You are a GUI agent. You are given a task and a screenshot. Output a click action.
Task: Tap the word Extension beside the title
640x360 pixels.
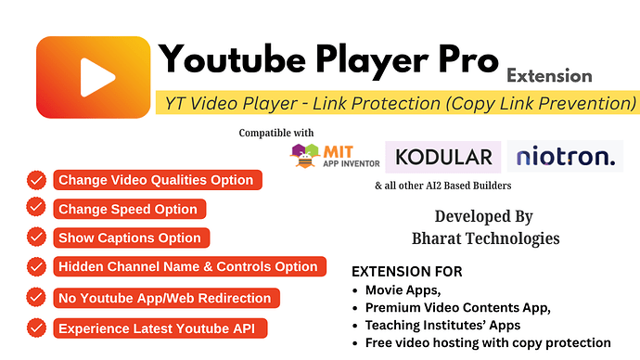(549, 75)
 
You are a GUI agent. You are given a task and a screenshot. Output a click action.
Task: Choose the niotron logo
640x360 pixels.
(565, 156)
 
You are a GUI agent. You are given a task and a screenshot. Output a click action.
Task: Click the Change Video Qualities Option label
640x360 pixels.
(156, 180)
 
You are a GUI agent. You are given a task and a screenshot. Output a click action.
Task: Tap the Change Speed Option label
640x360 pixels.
(128, 209)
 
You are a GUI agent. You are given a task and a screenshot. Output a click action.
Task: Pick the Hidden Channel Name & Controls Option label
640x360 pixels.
(188, 266)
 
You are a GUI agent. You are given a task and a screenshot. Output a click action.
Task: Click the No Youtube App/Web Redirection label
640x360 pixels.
(165, 298)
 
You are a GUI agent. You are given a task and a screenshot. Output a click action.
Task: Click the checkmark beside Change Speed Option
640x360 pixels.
(36, 209)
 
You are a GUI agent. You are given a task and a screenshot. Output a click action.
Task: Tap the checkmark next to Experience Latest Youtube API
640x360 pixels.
(36, 328)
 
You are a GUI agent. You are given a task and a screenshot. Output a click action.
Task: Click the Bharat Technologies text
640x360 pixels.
(485, 238)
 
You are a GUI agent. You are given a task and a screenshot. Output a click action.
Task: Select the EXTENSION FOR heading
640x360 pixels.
(407, 272)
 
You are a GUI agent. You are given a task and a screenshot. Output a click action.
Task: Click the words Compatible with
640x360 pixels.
(276, 133)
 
